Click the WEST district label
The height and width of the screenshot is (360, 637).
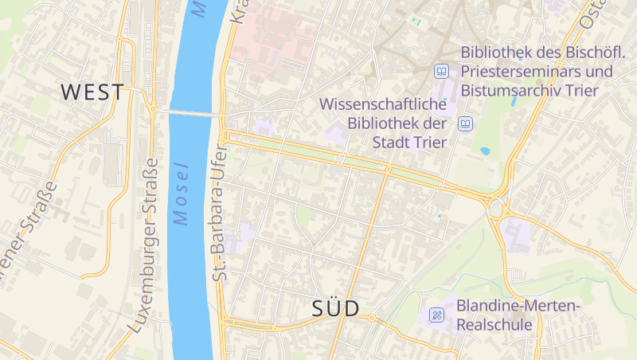pos(92,92)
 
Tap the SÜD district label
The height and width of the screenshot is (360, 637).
pos(335,308)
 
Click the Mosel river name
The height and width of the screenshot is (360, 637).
pos(182,194)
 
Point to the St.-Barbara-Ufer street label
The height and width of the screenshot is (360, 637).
pos(220,213)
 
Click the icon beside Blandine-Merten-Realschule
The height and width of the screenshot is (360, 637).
pos(437,315)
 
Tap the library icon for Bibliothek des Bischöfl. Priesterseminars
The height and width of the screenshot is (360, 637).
pos(441,72)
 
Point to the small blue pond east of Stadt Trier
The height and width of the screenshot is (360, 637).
pos(485,151)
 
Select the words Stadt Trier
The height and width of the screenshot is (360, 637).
pos(408,142)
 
